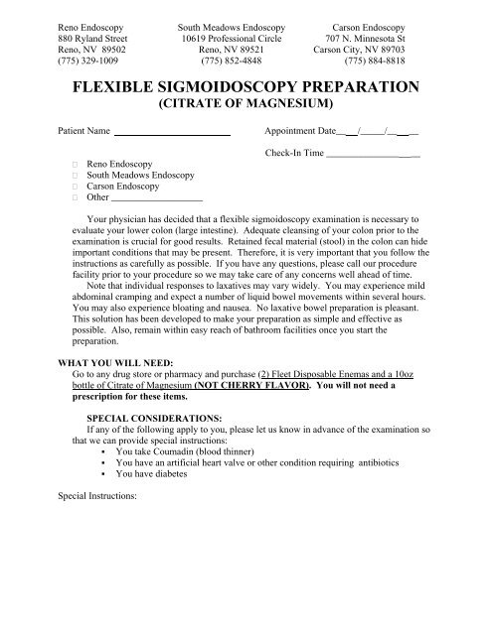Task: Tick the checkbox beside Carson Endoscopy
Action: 75,185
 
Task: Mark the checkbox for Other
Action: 75,197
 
